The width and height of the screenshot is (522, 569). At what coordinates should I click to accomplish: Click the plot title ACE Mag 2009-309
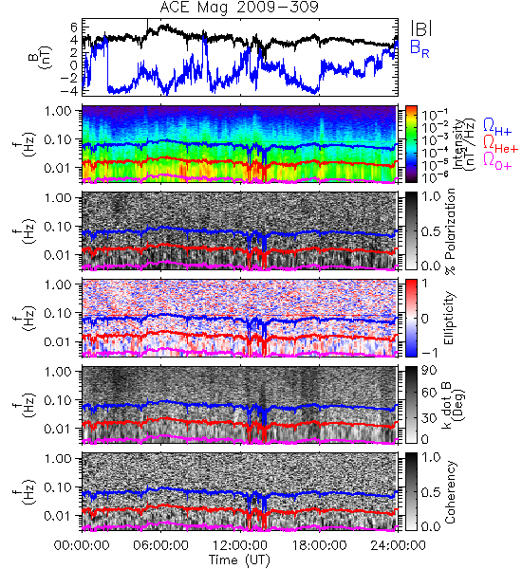239,7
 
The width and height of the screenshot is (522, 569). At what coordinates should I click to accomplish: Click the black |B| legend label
421,28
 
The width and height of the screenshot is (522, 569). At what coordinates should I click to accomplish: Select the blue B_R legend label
419,49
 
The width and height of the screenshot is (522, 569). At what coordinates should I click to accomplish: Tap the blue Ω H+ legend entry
497,127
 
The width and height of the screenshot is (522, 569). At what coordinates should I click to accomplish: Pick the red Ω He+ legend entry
500,144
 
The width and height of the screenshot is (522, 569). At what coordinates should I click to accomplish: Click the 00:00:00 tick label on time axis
82,545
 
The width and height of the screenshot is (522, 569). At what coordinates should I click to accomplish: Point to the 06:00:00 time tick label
161,545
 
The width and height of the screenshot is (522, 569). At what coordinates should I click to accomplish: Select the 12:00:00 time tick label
240,545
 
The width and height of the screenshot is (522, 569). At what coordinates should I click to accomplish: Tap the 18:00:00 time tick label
319,545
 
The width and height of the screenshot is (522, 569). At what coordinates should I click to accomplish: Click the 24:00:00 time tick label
398,545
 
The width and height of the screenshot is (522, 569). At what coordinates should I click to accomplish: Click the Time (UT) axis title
240,560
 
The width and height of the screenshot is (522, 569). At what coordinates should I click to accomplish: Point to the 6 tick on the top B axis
74,27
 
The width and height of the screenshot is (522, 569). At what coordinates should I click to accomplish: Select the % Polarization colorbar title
450,231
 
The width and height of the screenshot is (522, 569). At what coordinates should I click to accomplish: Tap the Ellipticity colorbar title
449,318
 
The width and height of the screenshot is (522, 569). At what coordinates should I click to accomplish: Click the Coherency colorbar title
449,492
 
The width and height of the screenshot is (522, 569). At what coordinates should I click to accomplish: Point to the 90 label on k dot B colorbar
429,371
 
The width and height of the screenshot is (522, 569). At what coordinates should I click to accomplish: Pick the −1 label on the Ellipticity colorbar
429,353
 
